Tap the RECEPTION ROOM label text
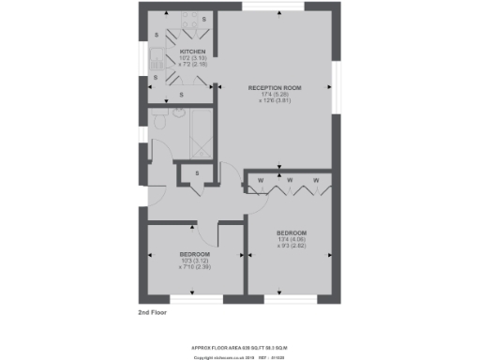click(272, 87)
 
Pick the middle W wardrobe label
click(290, 179)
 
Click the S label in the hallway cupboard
click(197, 172)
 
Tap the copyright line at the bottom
click(241, 357)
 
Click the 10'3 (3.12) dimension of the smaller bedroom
click(194, 261)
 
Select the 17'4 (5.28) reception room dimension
click(272, 94)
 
